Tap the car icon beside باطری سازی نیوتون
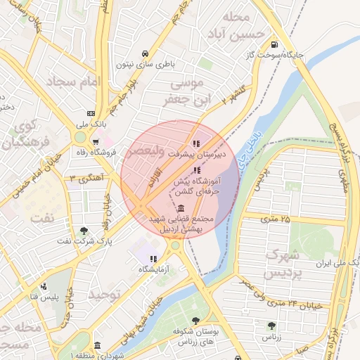pos(144,54)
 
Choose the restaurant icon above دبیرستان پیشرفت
pos(195,144)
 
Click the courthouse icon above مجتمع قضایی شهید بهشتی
pos(182,209)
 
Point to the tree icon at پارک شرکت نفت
pos(84,230)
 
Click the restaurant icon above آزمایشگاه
pos(153,259)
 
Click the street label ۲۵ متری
pos(275,219)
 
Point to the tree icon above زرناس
pos(271,325)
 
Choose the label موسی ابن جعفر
pos(186,93)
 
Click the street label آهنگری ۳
pos(82,180)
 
